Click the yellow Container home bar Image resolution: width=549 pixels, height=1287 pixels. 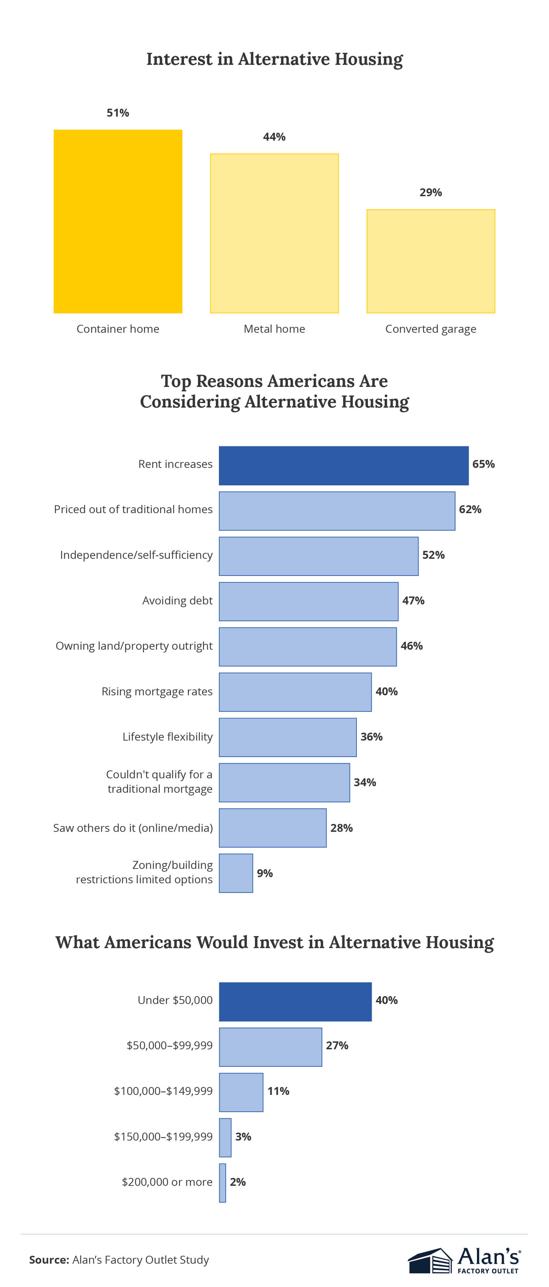[118, 221]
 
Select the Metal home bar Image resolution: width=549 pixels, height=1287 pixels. [274, 233]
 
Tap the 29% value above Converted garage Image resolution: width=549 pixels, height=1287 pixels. [430, 192]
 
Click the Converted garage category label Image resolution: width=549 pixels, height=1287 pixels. [430, 329]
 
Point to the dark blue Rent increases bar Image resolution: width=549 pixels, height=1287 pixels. [344, 465]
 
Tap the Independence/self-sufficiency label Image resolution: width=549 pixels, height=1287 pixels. [136, 555]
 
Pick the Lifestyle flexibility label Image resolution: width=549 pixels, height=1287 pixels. [167, 737]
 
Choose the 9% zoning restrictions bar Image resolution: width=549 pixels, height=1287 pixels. [236, 873]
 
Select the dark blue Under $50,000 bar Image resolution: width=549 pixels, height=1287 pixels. [295, 1001]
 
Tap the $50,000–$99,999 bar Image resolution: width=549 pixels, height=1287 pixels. [270, 1047]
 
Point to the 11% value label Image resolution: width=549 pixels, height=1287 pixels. [278, 1091]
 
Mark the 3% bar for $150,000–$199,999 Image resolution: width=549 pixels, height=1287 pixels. [225, 1137]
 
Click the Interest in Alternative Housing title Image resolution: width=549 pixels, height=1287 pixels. [274, 59]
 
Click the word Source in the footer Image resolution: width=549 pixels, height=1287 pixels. [48, 1260]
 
